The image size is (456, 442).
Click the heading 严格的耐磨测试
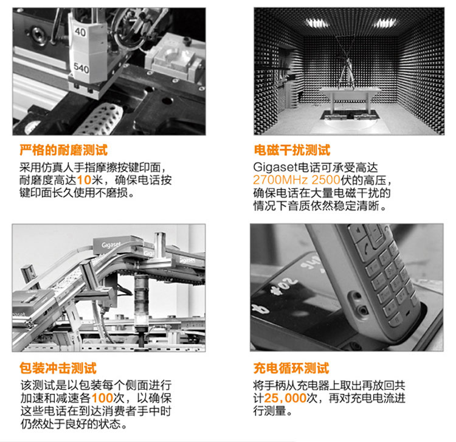[x=63, y=150]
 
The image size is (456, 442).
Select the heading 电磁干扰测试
[x=292, y=150]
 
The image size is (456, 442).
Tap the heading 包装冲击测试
[x=58, y=368]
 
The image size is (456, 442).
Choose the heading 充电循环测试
[x=291, y=368]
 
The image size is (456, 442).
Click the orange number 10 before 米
[x=85, y=180]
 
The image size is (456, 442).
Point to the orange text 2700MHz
[x=280, y=180]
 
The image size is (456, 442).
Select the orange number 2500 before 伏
[x=326, y=180]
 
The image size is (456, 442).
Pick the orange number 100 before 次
[x=102, y=398]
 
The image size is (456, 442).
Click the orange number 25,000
[x=285, y=398]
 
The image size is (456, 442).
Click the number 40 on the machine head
[x=80, y=32]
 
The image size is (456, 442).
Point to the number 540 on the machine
[x=81, y=67]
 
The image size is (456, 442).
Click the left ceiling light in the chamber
[x=317, y=22]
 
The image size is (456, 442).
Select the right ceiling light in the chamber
[x=385, y=22]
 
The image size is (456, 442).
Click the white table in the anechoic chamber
[x=350, y=99]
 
